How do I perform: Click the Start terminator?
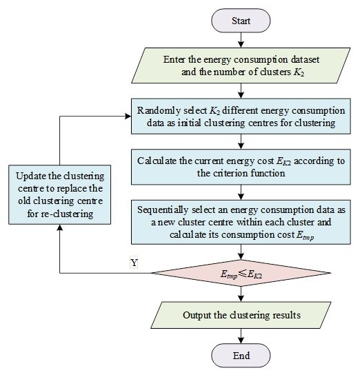[x=241, y=21]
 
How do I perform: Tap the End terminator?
[x=241, y=356]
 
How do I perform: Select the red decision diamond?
[x=241, y=273]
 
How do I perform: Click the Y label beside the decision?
[x=134, y=263]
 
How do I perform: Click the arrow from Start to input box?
[x=241, y=40]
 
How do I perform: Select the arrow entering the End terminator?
[x=241, y=336]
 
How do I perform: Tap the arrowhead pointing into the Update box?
[x=60, y=227]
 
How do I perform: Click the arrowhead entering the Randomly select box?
[x=128, y=116]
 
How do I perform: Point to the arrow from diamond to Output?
[x=241, y=294]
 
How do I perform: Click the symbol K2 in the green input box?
[x=299, y=72]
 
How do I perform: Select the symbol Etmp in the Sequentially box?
[x=305, y=235]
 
